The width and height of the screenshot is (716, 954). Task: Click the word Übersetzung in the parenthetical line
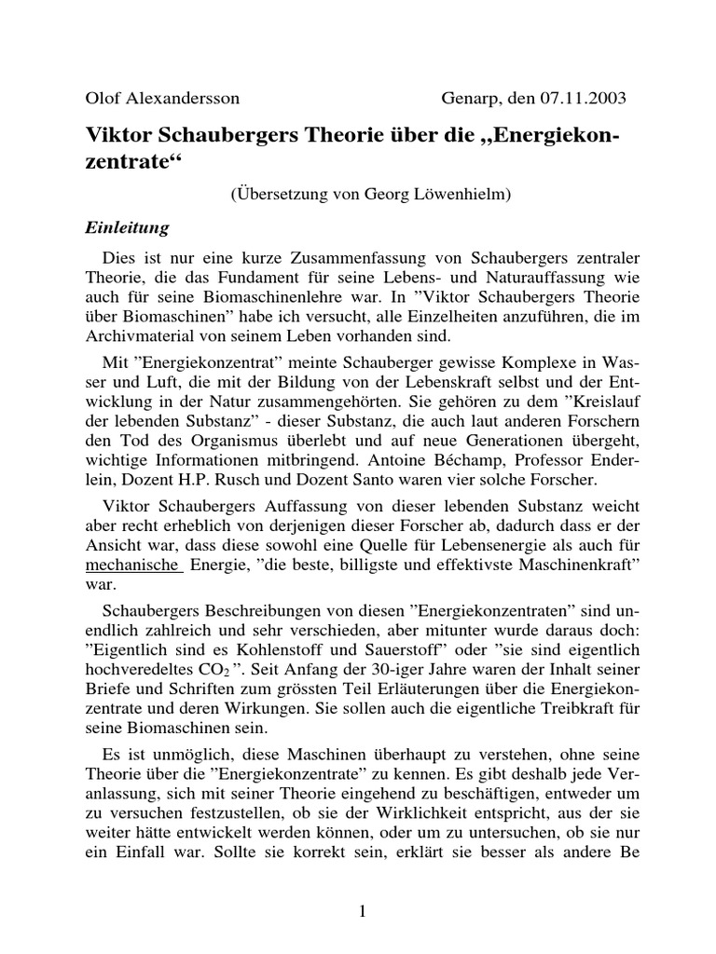coord(285,194)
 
